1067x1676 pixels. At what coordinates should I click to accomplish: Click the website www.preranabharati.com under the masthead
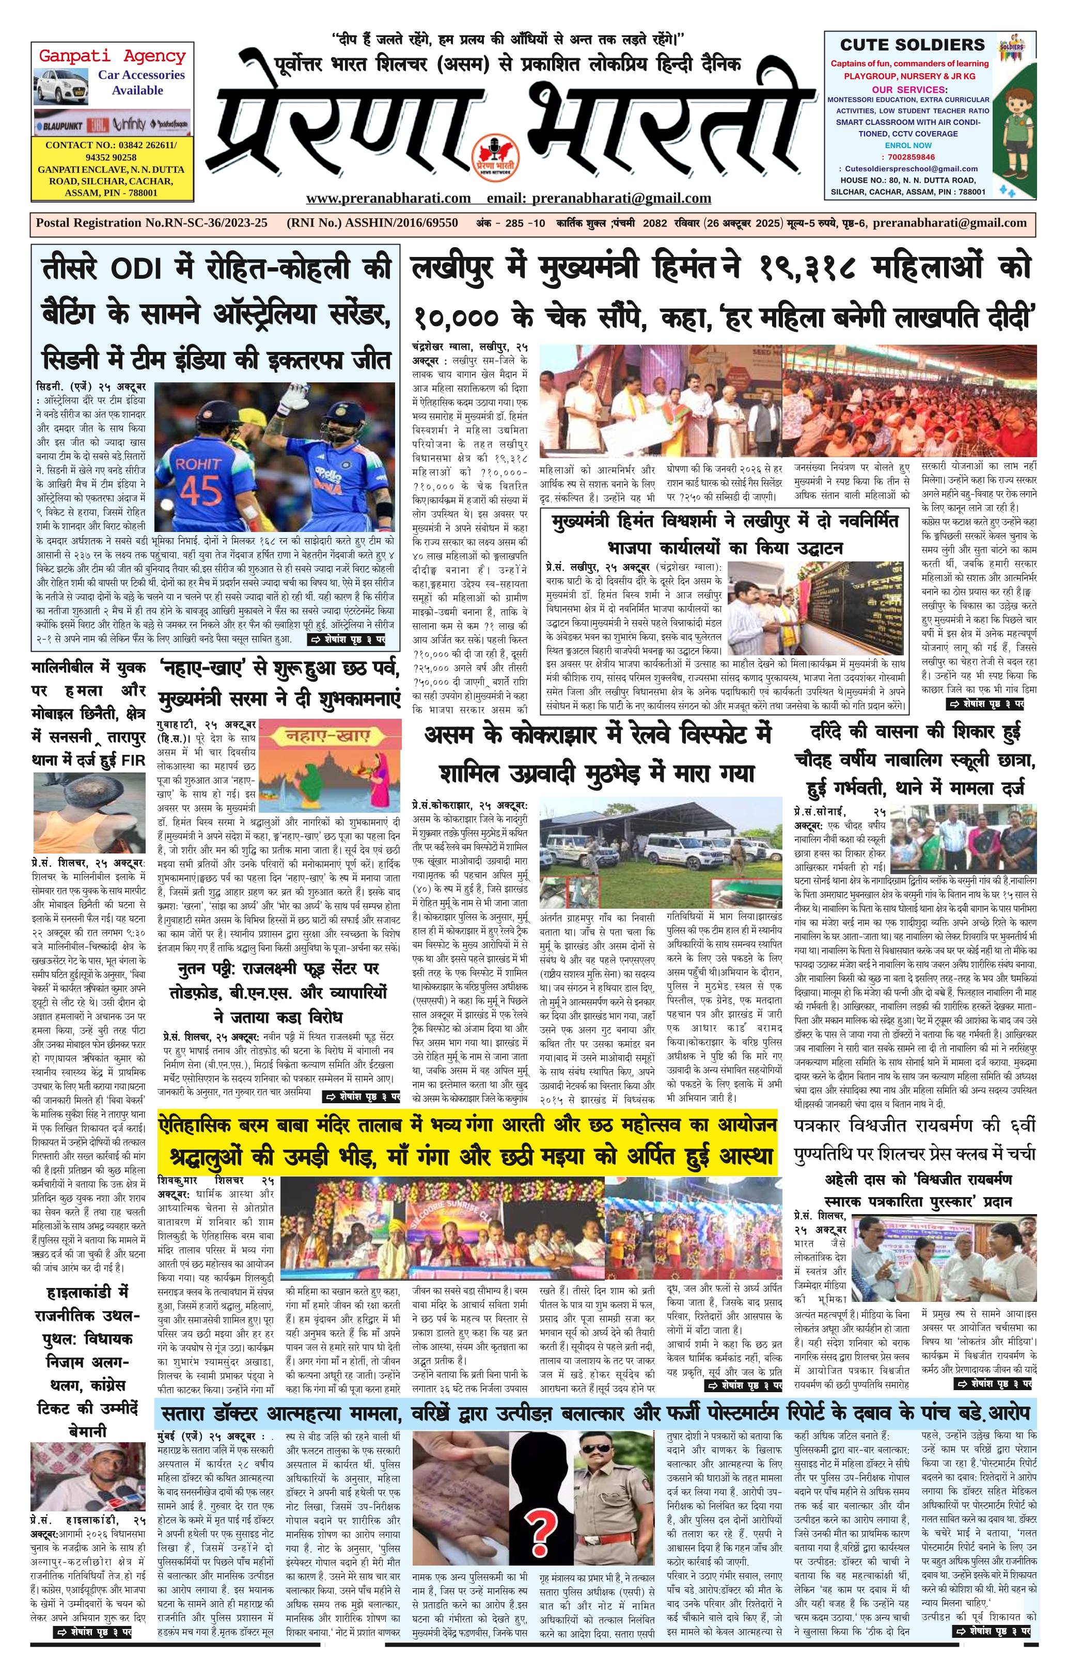(388, 198)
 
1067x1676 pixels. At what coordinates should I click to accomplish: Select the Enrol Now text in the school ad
(908, 146)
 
